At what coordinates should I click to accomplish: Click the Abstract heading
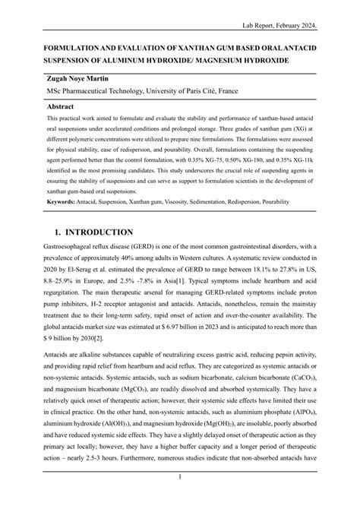tap(63, 107)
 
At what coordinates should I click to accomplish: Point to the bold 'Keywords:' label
tap(65, 203)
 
